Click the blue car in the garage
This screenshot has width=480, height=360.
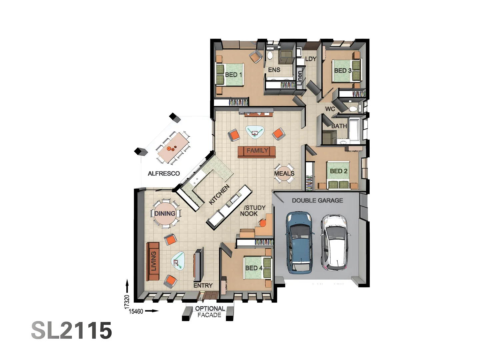click(x=300, y=242)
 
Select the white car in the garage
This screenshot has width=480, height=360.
click(x=335, y=242)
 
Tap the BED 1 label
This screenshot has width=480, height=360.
click(x=233, y=75)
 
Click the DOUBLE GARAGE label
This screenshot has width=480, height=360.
click(x=317, y=200)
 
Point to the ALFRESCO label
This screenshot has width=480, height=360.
click(x=164, y=173)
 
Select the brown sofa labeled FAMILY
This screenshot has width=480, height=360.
click(x=257, y=151)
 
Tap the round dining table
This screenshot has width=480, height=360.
click(x=165, y=214)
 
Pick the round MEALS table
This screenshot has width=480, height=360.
click(x=284, y=173)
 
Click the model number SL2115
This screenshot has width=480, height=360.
click(x=72, y=330)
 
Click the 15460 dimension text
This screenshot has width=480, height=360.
click(x=136, y=311)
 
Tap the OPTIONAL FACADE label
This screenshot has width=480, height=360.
click(x=210, y=312)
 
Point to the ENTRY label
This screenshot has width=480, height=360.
click(x=203, y=285)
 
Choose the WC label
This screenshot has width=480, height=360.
click(x=330, y=109)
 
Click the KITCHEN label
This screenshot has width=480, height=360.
click(x=219, y=195)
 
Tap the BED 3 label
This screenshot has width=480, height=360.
click(x=343, y=70)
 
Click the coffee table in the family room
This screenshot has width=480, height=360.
click(x=255, y=131)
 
